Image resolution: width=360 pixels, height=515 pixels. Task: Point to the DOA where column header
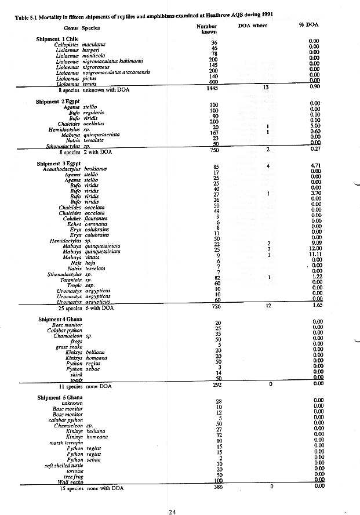[252, 26]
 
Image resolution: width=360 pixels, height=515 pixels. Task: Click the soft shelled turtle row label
[63, 465]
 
